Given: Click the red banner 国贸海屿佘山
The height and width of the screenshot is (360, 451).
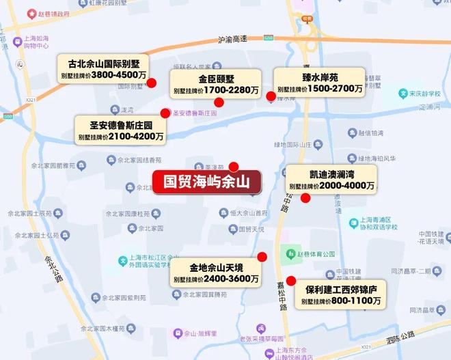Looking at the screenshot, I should click(206, 182).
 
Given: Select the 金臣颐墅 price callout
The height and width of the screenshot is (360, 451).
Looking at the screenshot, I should click(216, 85).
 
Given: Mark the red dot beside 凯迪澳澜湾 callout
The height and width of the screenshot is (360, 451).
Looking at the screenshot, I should click(305, 198).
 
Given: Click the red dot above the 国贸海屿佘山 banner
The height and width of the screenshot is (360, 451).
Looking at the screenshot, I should click(234, 166).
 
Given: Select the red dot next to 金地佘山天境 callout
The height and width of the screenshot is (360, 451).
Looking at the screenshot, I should click(262, 257).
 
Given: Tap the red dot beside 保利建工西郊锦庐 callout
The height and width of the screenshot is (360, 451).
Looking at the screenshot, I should click(291, 280).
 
